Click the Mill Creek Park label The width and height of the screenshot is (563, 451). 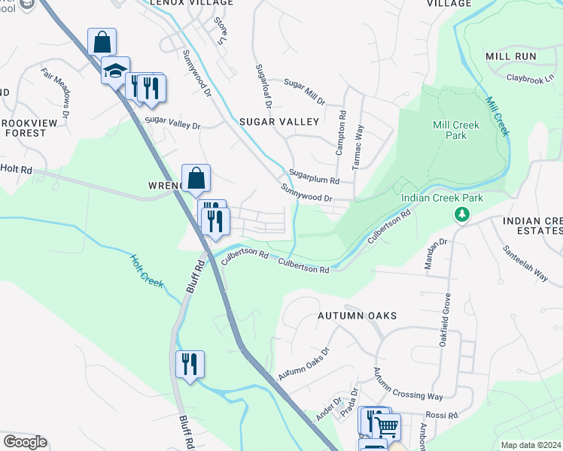click(x=449, y=130)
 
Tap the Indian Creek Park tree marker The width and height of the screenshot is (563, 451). click(x=461, y=215)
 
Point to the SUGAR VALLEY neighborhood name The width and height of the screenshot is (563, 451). click(x=279, y=121)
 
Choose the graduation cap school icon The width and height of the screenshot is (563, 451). click(x=114, y=71)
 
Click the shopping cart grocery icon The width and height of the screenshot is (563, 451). click(x=387, y=426)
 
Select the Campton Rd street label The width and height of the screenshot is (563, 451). click(x=341, y=135)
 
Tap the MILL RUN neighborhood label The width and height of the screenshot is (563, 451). click(x=510, y=56)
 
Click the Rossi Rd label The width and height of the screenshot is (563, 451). click(x=442, y=415)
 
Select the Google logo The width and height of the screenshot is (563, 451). click(x=25, y=442)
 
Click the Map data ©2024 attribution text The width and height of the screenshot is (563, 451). click(x=531, y=445)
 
